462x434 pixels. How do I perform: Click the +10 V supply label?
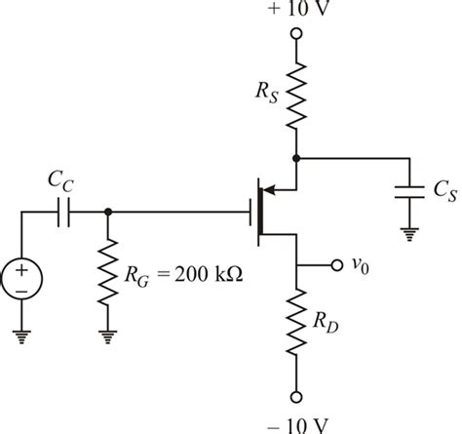coord(296,12)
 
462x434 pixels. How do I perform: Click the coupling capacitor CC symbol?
coord(65,212)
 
